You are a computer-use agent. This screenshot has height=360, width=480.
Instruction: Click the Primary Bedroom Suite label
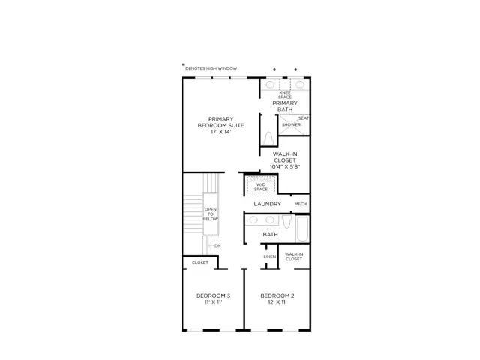pos(220,122)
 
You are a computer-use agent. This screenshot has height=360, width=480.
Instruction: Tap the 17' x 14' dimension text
pos(220,132)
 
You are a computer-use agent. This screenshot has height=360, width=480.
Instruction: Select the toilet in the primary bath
pos(268,138)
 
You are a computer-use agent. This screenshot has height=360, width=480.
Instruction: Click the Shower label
pos(291,124)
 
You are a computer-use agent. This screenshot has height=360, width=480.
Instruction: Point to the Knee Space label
pos(285,94)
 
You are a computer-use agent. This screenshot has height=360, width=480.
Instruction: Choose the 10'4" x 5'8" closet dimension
pos(285,166)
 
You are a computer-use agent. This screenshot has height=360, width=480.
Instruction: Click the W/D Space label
pos(261,187)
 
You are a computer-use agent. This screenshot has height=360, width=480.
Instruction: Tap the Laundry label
pos(267,204)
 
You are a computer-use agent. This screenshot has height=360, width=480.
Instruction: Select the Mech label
pos(300,204)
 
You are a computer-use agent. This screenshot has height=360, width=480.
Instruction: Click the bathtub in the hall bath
pos(303,229)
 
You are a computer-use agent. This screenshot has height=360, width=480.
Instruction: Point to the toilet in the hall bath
pos(286,222)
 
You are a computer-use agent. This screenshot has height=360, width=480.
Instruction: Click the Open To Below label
pos(211,214)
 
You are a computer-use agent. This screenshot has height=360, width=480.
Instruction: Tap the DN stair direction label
pos(217,246)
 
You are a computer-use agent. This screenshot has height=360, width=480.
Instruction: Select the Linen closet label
pos(270,256)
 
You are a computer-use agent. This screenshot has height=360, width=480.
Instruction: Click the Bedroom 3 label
pos(213,295)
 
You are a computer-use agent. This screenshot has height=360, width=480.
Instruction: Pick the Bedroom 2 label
pos(277,295)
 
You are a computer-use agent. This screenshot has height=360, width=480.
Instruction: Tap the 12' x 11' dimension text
pos(277,302)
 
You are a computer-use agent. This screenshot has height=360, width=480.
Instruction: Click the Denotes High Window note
pos(211,68)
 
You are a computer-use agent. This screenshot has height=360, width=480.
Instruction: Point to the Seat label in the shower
pos(304,118)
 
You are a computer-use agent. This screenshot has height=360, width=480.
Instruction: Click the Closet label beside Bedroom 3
pos(200,262)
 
